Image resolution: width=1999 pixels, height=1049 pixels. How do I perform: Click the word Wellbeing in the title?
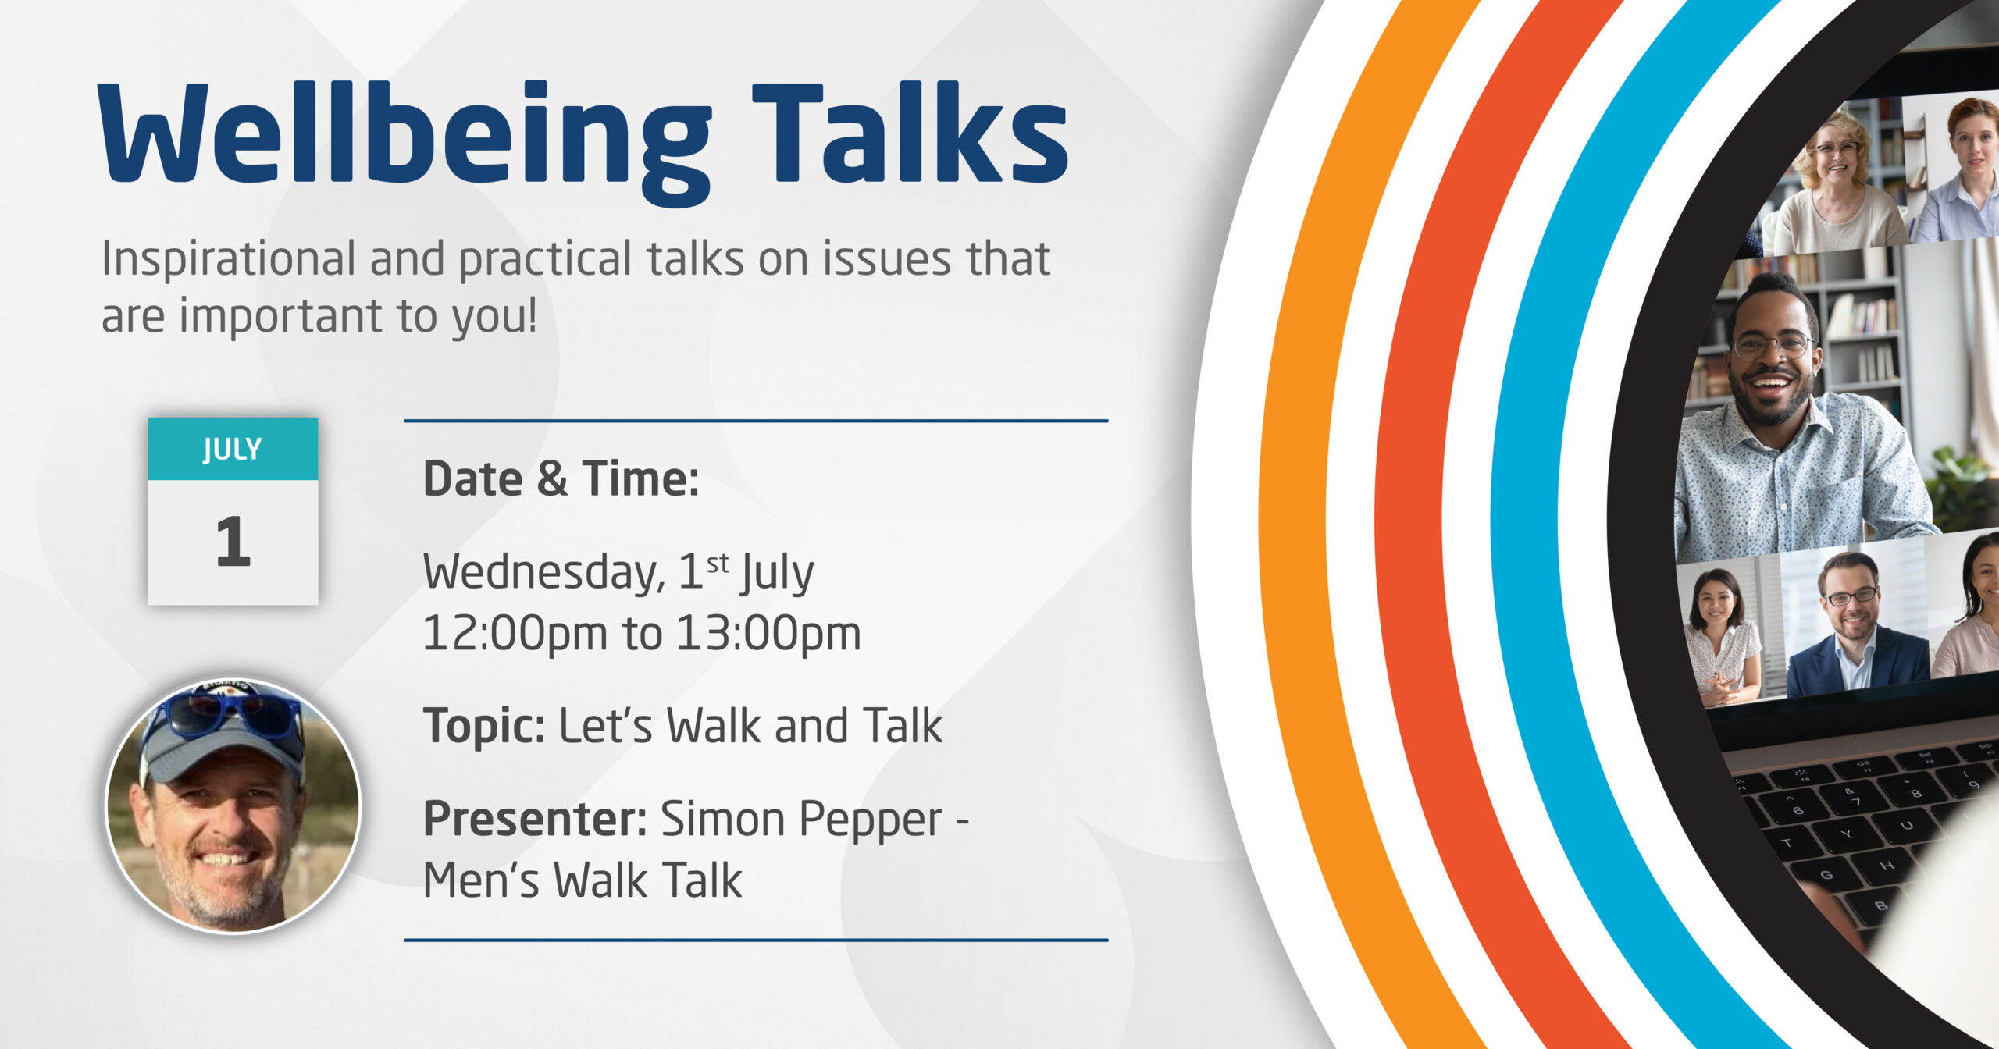click(404, 143)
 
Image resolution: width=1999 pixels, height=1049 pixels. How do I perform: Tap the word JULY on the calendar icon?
click(233, 449)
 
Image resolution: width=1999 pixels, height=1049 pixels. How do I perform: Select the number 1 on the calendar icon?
click(233, 541)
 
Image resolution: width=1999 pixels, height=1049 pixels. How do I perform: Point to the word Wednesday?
click(544, 571)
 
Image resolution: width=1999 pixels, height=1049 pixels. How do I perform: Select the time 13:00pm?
click(768, 632)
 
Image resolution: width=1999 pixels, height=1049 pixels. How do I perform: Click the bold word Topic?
click(484, 726)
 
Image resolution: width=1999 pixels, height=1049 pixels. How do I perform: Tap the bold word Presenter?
click(535, 819)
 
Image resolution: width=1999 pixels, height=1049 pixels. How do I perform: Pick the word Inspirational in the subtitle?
click(229, 259)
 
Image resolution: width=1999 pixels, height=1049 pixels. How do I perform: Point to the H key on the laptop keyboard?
click(1887, 866)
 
